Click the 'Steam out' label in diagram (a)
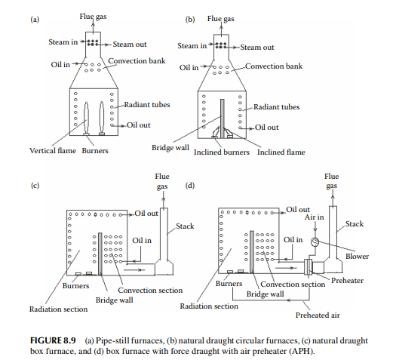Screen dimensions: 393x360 (130, 45)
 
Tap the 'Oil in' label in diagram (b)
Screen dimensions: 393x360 (189, 68)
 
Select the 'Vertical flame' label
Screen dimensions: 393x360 (53, 151)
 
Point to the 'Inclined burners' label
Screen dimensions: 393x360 (222, 152)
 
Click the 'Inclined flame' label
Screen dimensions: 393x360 (281, 152)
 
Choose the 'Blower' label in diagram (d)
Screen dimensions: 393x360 (357, 257)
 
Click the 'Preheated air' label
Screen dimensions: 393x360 (318, 315)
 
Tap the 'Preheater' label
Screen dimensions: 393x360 (347, 281)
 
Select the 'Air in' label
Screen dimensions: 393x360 (315, 217)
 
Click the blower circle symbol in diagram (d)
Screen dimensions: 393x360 (315, 242)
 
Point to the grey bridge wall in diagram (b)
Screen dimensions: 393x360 (222, 118)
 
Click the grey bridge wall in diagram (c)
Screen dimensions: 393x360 (100, 254)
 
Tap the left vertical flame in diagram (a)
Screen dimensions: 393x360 (86, 117)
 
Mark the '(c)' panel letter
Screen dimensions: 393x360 (35, 186)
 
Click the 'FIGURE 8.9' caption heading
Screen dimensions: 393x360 (53, 340)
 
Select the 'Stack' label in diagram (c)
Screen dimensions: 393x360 (185, 226)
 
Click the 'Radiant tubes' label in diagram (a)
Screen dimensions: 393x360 (147, 105)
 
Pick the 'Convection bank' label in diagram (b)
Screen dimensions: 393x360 (274, 66)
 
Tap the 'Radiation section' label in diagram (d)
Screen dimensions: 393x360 (209, 306)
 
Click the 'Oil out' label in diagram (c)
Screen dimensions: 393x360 (146, 214)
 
